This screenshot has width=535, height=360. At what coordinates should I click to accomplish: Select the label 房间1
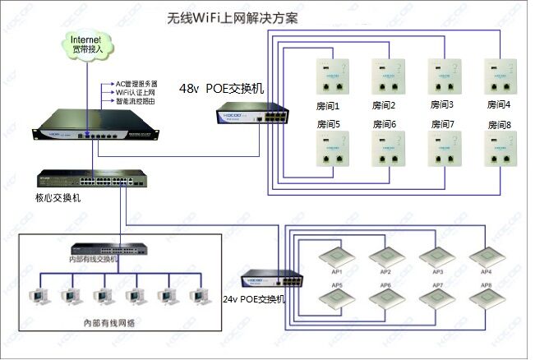(328, 106)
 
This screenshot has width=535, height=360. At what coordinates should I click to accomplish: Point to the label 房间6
(384, 125)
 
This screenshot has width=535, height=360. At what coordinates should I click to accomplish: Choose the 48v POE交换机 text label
(223, 88)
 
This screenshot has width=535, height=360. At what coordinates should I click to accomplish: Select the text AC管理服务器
(136, 85)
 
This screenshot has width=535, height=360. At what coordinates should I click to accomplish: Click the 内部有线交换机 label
(93, 259)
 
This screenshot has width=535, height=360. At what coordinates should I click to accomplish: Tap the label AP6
(385, 285)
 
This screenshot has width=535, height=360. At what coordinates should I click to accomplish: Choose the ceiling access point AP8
(486, 299)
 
